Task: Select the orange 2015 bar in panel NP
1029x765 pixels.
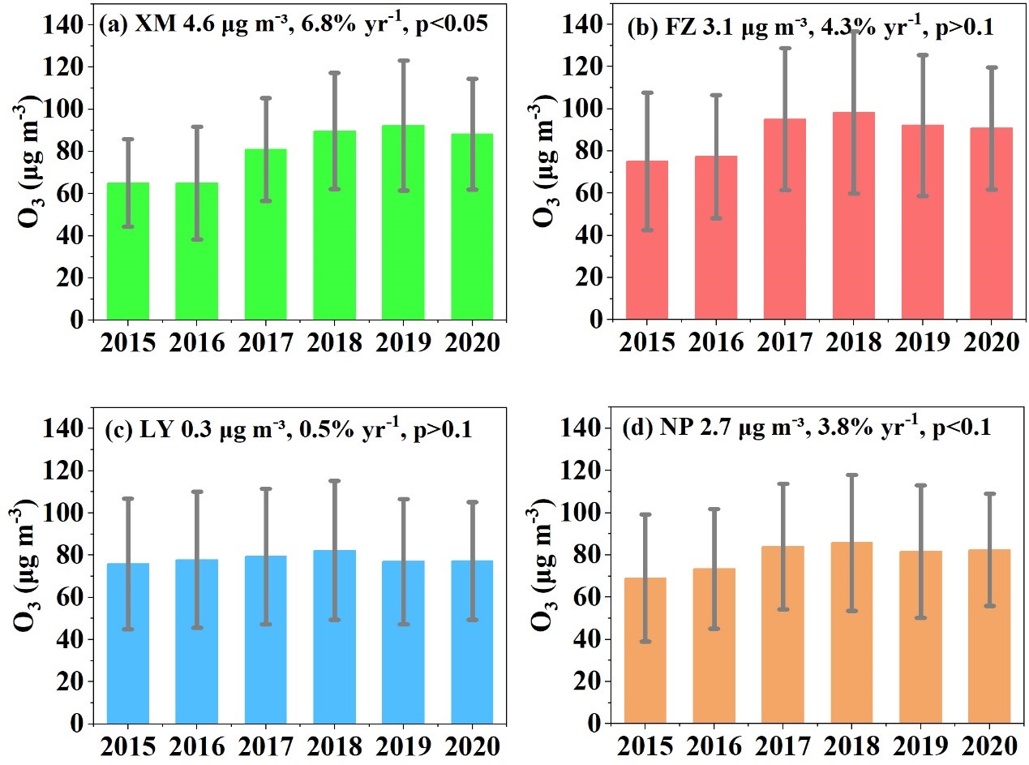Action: point(645,650)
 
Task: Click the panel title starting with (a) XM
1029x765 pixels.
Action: point(293,24)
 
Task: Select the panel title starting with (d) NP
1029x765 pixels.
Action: point(807,428)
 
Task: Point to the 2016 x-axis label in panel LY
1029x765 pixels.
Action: point(197,745)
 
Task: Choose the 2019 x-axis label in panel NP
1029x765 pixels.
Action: point(922,745)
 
